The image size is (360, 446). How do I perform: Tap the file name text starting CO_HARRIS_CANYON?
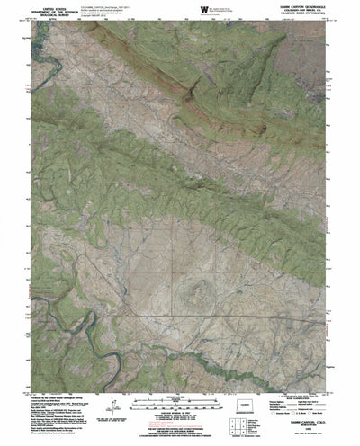104,4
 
